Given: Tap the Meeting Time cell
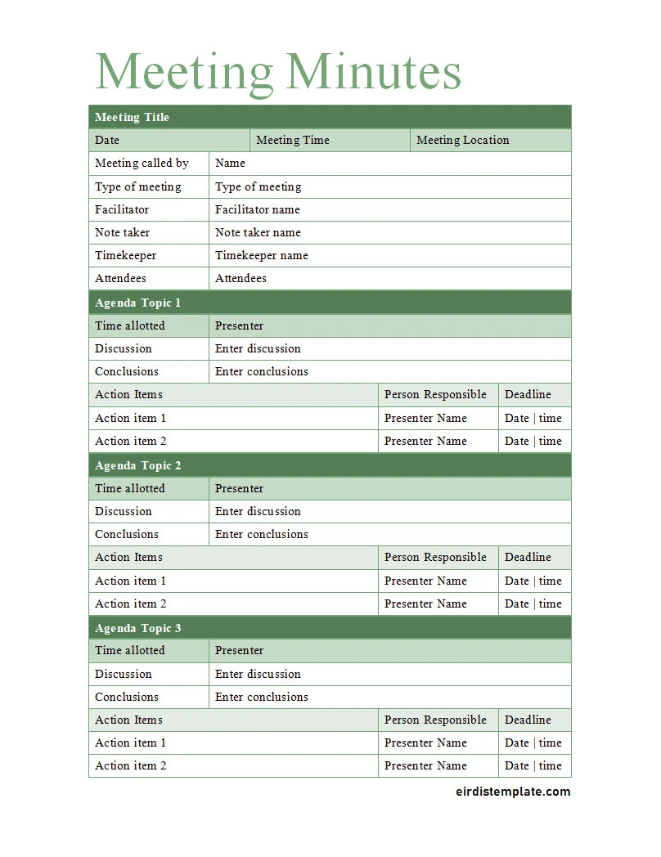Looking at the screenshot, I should (x=293, y=140).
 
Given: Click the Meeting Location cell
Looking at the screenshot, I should (x=463, y=140).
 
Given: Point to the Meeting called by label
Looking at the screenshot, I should (x=142, y=163).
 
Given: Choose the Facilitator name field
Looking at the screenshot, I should (x=258, y=209).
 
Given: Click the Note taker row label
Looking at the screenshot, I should (x=123, y=232).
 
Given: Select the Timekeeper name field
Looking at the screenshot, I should (x=262, y=255).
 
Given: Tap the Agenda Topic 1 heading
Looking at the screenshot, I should (x=138, y=303).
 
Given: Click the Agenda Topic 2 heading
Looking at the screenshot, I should (x=138, y=465).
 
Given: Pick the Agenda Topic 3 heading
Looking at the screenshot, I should (x=138, y=628).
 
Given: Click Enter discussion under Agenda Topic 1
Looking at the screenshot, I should (x=258, y=348).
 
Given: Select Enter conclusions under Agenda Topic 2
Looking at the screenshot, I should (x=262, y=534).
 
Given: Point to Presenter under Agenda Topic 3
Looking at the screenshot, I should (x=240, y=650).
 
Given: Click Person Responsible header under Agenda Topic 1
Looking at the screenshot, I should (x=435, y=394).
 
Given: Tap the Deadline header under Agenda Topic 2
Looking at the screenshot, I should (x=528, y=557).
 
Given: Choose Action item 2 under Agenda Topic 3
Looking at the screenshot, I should (x=131, y=765).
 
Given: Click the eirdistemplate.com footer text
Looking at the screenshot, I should (x=512, y=791).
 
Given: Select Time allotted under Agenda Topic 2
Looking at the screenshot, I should (x=130, y=488).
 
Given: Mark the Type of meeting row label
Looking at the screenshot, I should (x=138, y=186).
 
